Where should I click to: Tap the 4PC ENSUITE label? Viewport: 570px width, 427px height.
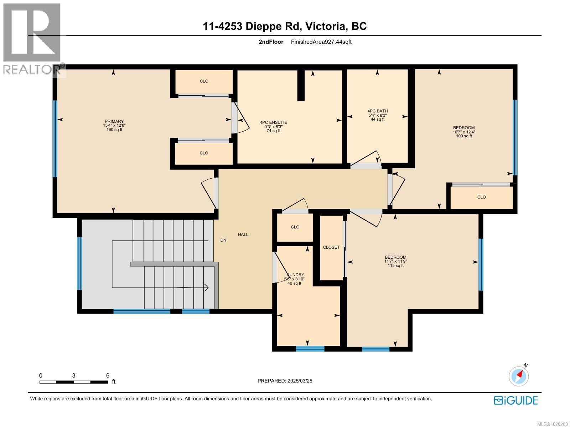pos(273,126)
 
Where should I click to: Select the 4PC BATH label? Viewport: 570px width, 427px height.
pos(378,115)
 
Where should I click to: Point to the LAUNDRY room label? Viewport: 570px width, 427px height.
pos(294,279)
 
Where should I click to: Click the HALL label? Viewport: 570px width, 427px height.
pos(243,234)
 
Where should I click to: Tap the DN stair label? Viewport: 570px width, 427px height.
pos(223,240)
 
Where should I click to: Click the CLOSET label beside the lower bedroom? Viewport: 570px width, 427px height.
pos(331,247)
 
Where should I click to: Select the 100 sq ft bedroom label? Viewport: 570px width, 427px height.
pos(464,132)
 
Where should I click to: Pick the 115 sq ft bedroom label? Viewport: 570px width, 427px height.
pos(395,261)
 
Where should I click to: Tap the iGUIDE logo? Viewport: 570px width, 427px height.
pos(515,400)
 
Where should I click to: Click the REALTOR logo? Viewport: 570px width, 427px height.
pos(32,39)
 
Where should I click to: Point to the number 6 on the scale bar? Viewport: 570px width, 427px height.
pos(108,375)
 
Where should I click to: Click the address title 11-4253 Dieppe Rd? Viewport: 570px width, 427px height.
pos(285,26)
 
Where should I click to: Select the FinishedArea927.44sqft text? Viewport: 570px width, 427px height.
pos(321,42)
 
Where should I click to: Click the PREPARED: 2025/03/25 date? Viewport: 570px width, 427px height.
pos(285,381)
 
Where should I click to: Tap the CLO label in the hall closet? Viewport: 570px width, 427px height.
pos(295,227)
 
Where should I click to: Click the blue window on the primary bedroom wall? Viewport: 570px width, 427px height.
pos(55,139)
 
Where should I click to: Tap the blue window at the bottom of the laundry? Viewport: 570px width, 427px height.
pos(310,349)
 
